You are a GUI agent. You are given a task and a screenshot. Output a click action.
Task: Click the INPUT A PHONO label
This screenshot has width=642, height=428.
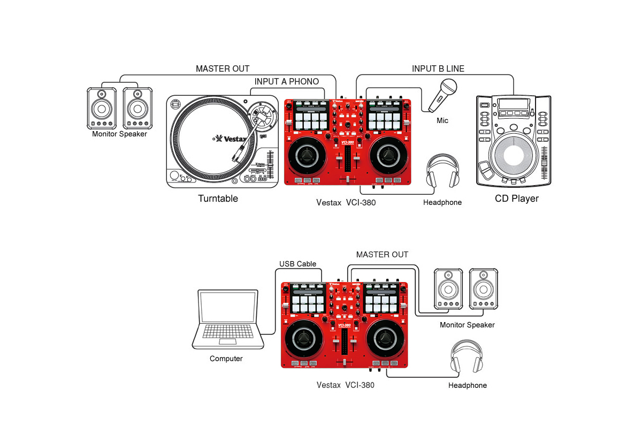(287, 82)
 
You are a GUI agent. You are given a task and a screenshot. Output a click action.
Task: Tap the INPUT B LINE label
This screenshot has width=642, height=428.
(438, 68)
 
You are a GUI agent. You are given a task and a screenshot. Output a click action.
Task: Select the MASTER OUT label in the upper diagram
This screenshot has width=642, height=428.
(223, 68)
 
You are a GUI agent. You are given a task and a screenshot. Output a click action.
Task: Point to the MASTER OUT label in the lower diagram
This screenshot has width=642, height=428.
(382, 255)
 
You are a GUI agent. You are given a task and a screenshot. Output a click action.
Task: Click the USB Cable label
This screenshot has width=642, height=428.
(297, 264)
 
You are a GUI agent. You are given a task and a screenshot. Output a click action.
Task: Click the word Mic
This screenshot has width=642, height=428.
(442, 121)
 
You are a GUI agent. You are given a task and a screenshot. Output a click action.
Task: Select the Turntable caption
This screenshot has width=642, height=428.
(218, 198)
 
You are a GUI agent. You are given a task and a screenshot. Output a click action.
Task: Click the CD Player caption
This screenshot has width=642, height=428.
(516, 198)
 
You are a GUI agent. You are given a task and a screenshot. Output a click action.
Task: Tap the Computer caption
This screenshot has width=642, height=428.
(226, 358)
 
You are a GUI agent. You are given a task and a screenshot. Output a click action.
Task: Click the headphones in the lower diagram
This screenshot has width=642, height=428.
(467, 357)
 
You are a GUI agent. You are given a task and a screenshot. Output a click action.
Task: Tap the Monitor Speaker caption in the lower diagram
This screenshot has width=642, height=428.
(467, 325)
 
